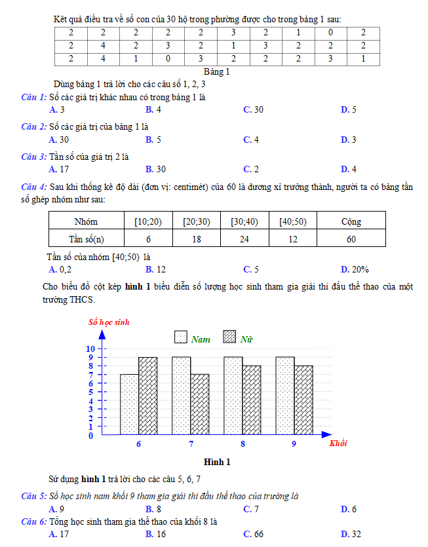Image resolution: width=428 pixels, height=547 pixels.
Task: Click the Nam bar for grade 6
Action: tap(129, 404)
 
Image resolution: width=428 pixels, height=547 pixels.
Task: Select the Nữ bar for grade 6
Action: tap(147, 396)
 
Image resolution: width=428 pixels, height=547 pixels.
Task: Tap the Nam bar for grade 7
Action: tap(181, 396)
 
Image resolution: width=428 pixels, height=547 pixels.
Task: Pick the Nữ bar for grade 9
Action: tap(303, 400)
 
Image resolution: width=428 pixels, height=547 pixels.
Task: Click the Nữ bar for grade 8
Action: tap(252, 400)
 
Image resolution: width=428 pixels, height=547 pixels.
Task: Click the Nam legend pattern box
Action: tap(181, 337)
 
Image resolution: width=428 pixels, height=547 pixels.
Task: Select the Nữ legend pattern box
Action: tap(230, 337)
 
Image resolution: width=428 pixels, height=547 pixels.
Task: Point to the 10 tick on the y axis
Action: tap(91, 349)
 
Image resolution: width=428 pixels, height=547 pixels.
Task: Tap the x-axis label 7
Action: tap(191, 443)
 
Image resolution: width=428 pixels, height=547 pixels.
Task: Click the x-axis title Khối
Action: tap(338, 443)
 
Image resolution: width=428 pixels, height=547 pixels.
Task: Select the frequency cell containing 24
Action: tap(244, 238)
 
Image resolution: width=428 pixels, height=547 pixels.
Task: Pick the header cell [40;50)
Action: tap(292, 221)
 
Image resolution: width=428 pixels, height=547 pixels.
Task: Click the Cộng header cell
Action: tap(351, 221)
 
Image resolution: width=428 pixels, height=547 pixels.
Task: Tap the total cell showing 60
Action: tap(351, 238)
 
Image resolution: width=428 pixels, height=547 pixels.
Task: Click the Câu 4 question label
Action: tap(33, 187)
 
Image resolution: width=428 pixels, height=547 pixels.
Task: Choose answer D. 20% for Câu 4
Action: tap(355, 269)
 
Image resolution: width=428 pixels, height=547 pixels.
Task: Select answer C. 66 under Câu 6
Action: tap(253, 535)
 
